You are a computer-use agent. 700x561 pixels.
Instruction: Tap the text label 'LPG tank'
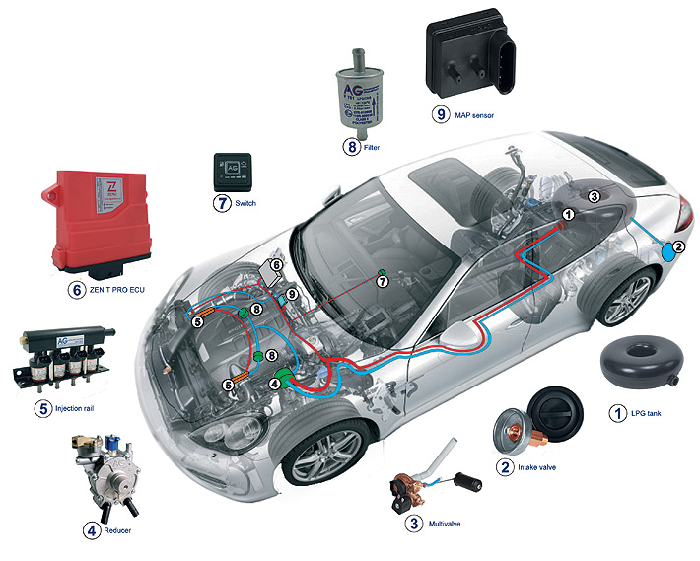647,413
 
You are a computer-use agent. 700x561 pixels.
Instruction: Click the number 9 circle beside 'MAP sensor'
440,114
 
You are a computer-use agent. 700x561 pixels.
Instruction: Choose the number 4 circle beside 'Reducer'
92,530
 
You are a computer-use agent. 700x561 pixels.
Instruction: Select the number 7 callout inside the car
384,281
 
